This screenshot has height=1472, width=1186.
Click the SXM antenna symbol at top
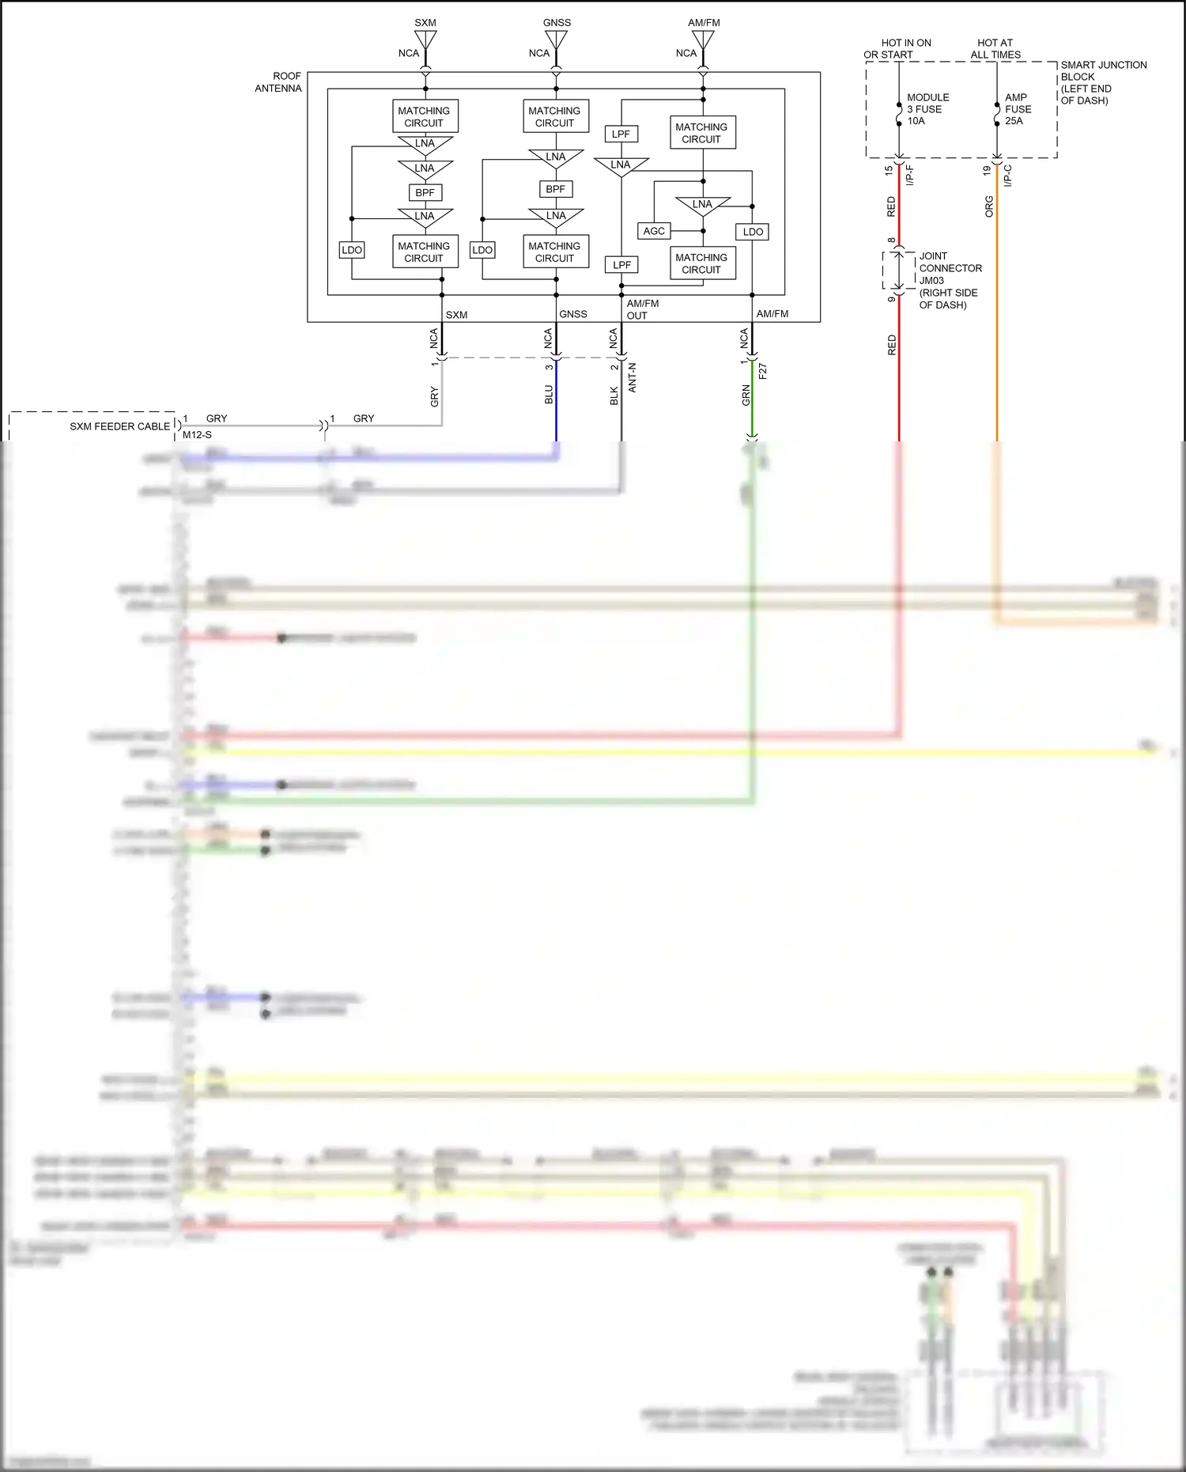point(425,40)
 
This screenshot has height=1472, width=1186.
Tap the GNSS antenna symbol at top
point(556,40)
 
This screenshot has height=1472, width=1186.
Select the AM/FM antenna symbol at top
point(703,40)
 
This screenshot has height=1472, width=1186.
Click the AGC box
point(654,231)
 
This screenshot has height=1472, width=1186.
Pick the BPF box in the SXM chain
point(425,192)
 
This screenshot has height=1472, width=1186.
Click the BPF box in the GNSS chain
point(555,189)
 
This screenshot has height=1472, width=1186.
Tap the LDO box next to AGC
point(753,232)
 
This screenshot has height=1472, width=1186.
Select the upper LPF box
point(621,134)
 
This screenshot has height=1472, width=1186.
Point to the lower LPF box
point(621,265)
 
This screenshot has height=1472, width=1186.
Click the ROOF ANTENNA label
point(278,82)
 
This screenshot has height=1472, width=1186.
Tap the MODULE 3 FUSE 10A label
point(927,109)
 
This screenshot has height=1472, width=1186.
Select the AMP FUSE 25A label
point(1018,109)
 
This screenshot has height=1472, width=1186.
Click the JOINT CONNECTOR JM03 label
point(949,280)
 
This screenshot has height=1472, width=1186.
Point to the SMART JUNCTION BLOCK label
point(1102,82)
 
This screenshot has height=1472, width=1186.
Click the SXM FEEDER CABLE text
point(119,426)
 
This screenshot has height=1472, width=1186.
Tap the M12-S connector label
point(197,435)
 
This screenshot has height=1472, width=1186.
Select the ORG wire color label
point(989,206)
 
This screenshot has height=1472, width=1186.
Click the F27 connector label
point(762,371)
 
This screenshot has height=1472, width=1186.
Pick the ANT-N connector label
point(632,377)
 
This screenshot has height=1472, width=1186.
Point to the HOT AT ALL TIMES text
point(995,49)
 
